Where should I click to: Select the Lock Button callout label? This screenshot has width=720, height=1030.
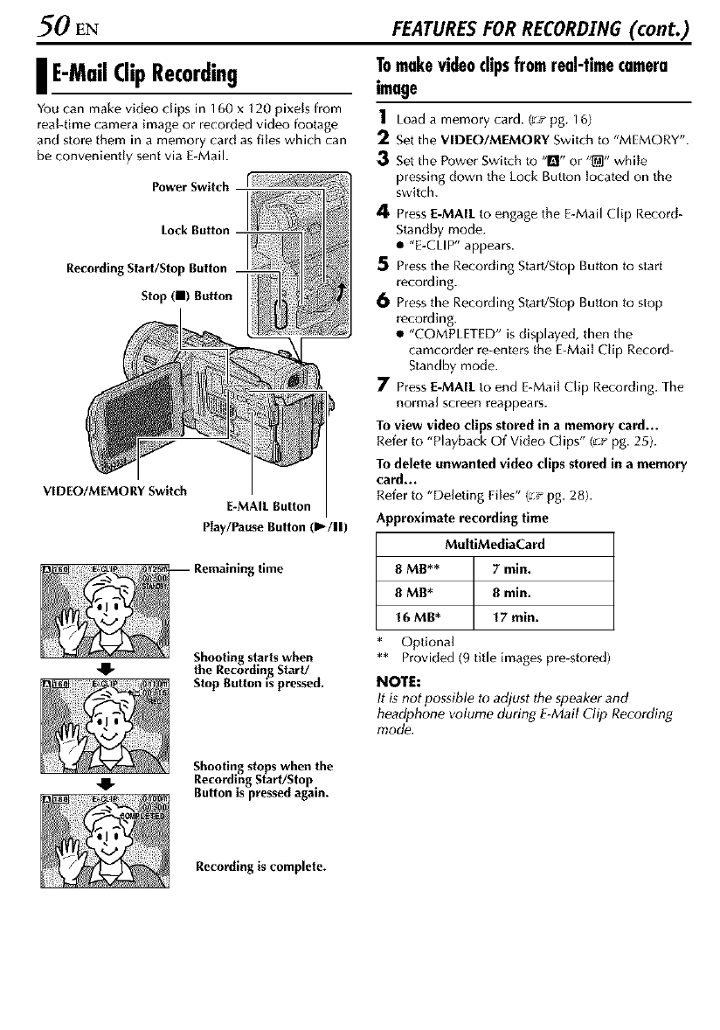[195, 230]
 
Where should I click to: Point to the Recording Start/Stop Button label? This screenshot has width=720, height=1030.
[158, 268]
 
